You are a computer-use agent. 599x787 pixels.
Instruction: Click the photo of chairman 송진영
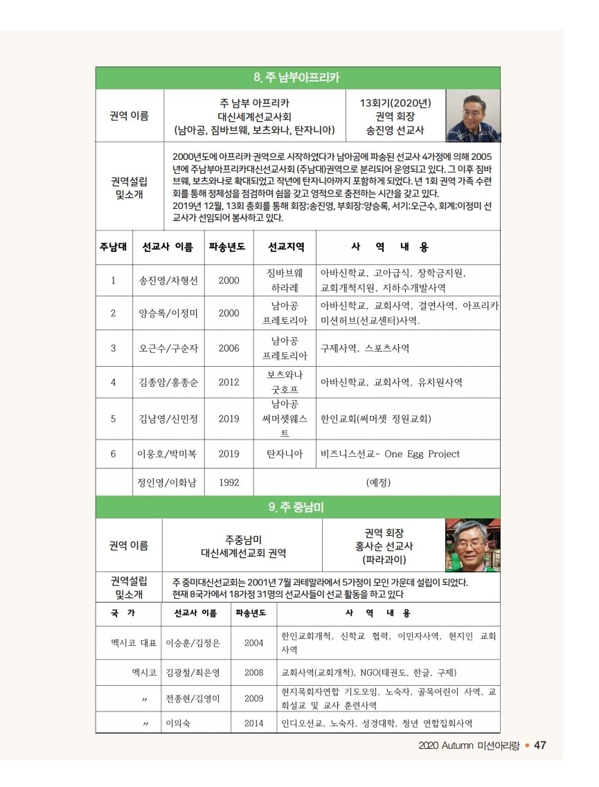[x=472, y=115]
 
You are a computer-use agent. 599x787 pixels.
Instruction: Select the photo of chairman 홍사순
[x=472, y=545]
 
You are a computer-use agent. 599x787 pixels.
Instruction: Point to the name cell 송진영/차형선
[x=168, y=281]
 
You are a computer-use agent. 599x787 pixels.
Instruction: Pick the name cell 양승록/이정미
[x=168, y=313]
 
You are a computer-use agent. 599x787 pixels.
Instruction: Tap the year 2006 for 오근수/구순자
[x=229, y=348]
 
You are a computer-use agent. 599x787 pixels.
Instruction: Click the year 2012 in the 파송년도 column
[x=229, y=382]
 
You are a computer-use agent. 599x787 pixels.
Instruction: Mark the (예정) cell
[x=378, y=482]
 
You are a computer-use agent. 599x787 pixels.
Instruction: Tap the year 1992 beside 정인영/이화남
[x=229, y=482]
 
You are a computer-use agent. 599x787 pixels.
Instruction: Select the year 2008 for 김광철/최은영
[x=254, y=672]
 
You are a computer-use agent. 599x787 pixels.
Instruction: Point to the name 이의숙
[x=179, y=723]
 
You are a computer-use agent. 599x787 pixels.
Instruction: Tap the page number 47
[x=541, y=745]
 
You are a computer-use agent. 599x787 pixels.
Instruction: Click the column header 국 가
[x=123, y=613]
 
